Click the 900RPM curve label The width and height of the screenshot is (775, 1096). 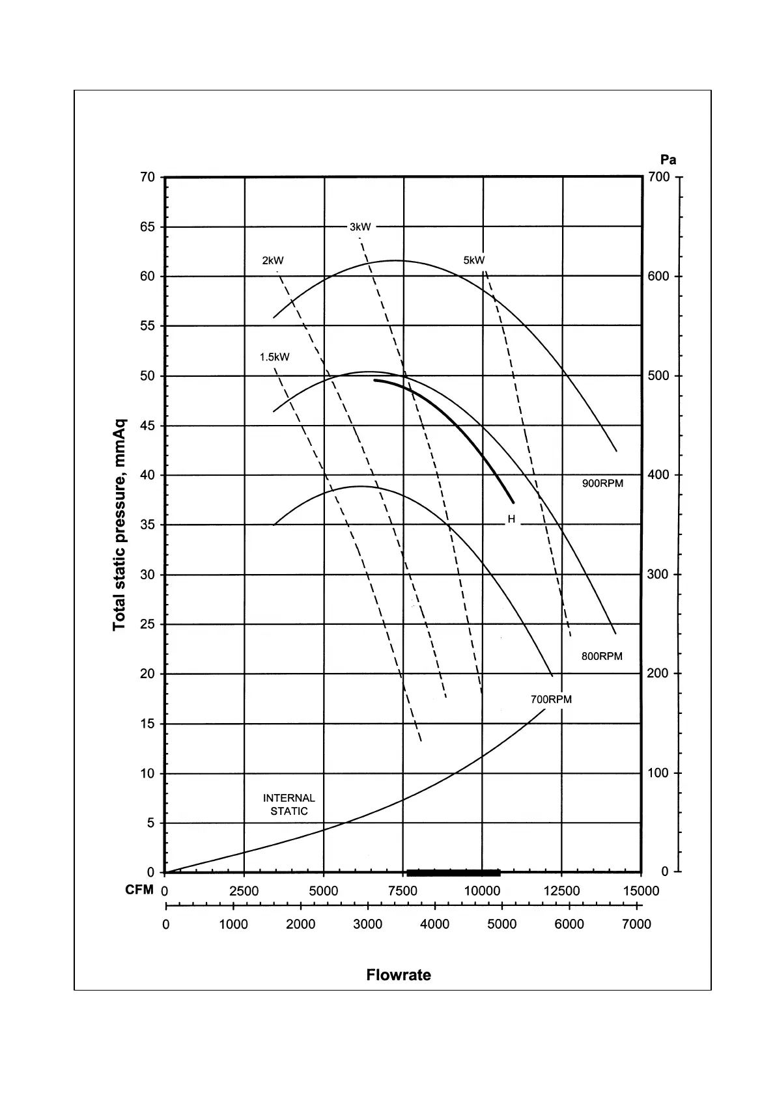(602, 484)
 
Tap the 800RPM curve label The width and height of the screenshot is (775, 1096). (602, 656)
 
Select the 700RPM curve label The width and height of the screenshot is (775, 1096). (551, 700)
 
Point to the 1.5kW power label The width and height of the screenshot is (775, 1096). (274, 357)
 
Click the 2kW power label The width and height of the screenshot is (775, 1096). (273, 260)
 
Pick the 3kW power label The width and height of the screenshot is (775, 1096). (360, 227)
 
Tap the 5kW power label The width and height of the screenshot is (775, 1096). (474, 260)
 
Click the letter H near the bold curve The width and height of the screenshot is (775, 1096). (511, 519)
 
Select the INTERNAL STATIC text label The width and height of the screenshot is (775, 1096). (289, 804)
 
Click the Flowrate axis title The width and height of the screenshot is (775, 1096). (399, 975)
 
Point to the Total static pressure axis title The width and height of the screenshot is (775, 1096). (119, 525)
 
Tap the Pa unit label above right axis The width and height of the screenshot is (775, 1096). (668, 160)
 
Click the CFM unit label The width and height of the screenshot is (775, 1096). (139, 890)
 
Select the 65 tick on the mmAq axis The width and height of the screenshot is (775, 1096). (148, 227)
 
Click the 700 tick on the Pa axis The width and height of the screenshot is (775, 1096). (658, 178)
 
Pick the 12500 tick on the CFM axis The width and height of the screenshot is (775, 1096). (561, 891)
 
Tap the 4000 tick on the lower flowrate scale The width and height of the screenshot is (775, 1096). (434, 924)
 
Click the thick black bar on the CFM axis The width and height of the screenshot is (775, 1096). (453, 873)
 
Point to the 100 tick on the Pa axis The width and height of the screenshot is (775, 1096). (658, 773)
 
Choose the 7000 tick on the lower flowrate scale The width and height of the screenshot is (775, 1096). (636, 924)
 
